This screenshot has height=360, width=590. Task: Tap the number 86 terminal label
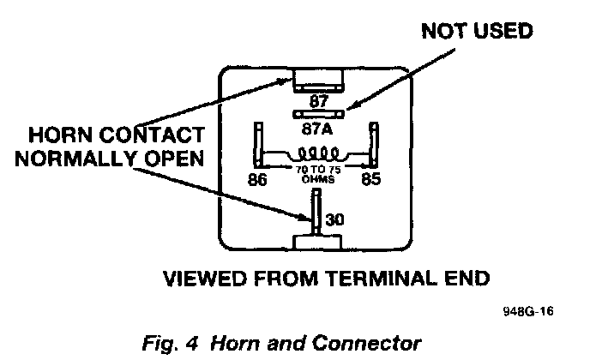pyautogui.click(x=256, y=181)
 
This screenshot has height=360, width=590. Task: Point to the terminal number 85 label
pyautogui.click(x=371, y=181)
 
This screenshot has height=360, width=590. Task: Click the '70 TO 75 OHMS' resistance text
pyautogui.click(x=318, y=176)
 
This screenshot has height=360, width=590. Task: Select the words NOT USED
pyautogui.click(x=477, y=32)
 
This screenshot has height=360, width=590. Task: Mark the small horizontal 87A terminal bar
pyautogui.click(x=319, y=114)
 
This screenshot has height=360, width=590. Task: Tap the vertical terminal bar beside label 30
pyautogui.click(x=316, y=214)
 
